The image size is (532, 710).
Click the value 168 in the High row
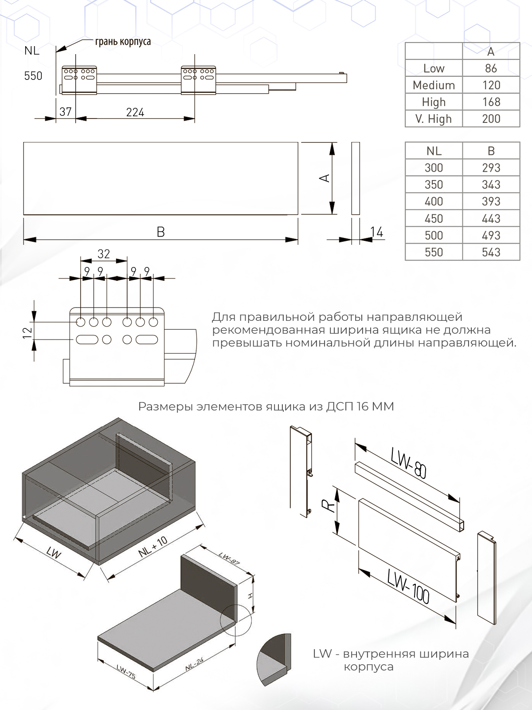(491, 102)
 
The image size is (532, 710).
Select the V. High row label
(434, 119)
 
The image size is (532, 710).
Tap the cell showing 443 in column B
(491, 218)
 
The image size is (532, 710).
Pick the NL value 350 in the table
(434, 185)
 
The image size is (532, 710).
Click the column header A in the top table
(491, 52)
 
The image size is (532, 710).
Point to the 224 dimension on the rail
(135, 112)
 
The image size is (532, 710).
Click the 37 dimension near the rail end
(65, 112)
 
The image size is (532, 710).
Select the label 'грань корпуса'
(123, 42)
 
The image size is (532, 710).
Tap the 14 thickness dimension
(376, 232)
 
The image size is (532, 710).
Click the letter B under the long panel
(161, 232)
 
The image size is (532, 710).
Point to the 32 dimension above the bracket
(103, 254)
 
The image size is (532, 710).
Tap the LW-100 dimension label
(408, 586)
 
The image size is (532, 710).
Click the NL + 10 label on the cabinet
(153, 546)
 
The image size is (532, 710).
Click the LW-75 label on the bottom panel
(126, 672)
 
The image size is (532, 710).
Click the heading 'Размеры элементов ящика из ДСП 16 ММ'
(266, 406)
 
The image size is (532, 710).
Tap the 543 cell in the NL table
(491, 252)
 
